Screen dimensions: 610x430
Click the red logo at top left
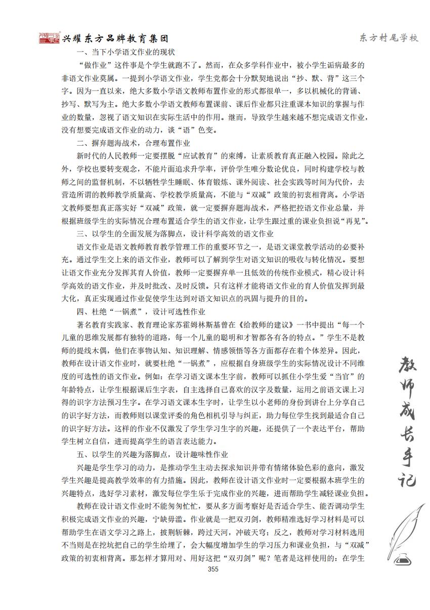[x=50, y=38]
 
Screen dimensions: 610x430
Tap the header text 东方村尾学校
[x=389, y=38]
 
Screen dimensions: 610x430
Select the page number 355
[x=212, y=569]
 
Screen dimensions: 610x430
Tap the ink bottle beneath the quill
[x=403, y=559]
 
